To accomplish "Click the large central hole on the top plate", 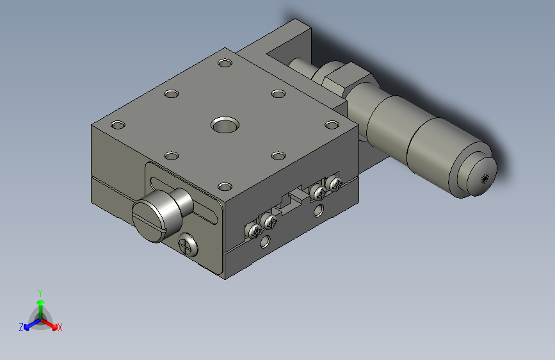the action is (x=225, y=125).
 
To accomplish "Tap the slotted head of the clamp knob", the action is (x=149, y=220).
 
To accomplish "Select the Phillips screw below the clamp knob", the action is (x=188, y=244).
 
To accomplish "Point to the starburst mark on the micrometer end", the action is (x=484, y=179).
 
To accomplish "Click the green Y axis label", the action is (x=40, y=293).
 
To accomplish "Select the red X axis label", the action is (x=60, y=327).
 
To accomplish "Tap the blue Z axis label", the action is (x=21, y=327).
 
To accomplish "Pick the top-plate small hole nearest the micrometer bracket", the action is (x=225, y=63).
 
